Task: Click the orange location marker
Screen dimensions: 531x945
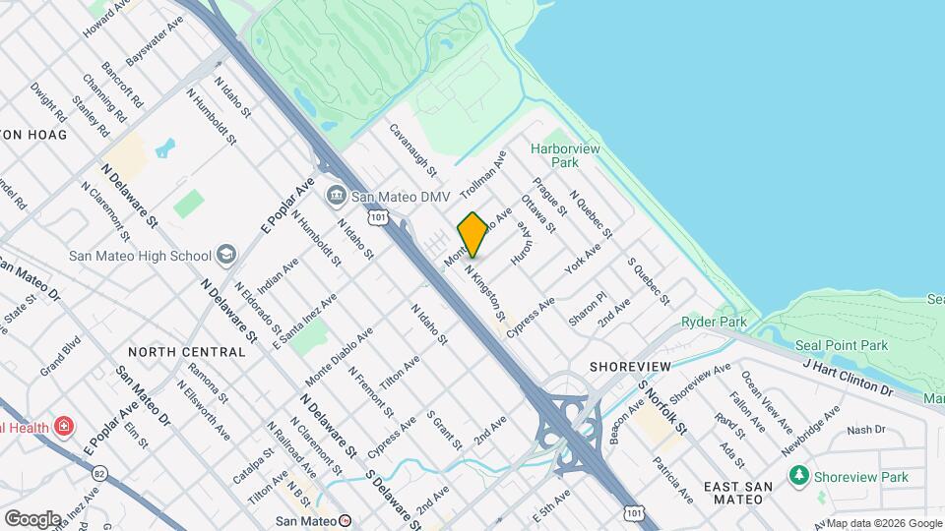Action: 472,235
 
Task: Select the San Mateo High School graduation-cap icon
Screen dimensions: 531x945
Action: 227,256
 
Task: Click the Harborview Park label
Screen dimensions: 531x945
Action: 565,155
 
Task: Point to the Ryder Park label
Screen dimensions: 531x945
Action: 714,322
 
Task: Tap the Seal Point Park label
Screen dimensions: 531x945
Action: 842,345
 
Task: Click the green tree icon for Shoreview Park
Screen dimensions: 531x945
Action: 798,477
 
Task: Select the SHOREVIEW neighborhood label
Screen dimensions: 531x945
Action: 630,366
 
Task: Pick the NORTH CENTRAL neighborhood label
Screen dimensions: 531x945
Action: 186,351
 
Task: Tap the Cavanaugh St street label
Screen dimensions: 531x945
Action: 412,148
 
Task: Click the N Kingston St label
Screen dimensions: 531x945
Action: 485,294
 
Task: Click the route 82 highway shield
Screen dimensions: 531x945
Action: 99,473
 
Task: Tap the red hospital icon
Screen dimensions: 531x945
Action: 64,427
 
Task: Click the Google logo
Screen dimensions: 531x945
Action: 32,518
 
